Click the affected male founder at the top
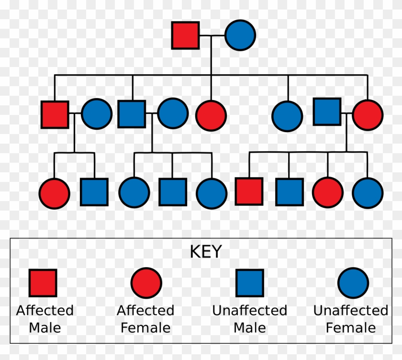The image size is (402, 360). click(185, 35)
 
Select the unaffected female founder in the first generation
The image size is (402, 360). click(240, 35)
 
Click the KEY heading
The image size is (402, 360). click(206, 252)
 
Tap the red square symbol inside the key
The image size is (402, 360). click(43, 282)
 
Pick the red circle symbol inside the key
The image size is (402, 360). click(146, 282)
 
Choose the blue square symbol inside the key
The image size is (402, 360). click(249, 282)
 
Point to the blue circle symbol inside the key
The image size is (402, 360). click(353, 282)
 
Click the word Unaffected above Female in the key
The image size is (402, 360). click(350, 311)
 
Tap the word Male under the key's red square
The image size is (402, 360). click(45, 328)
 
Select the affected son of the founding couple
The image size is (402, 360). click(55, 114)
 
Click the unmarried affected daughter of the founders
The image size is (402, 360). click(211, 115)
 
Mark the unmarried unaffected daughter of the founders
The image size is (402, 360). click(287, 115)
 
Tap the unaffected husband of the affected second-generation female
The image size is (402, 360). click(327, 112)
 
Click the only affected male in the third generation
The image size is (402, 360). click(249, 191)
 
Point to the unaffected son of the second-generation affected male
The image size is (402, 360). click(94, 191)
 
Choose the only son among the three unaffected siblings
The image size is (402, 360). click(172, 191)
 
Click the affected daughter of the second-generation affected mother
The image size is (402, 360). click(327, 192)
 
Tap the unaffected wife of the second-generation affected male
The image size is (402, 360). click(96, 114)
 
